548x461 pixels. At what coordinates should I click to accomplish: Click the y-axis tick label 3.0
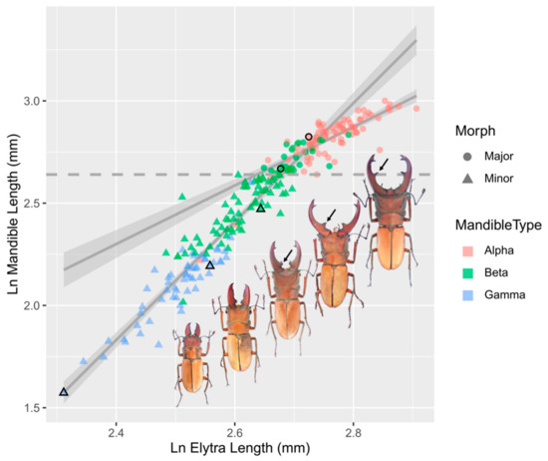[35, 101]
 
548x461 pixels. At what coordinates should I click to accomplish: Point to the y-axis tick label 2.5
[35, 204]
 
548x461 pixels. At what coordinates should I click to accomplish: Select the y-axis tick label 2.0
[35, 305]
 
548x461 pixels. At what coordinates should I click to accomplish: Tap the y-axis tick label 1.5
[35, 408]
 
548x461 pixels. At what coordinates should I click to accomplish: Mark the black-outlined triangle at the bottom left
[64, 392]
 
